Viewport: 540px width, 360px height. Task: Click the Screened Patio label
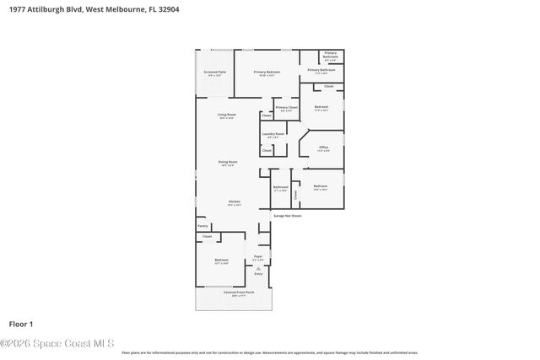[x=215, y=73]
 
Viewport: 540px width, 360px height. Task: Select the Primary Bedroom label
[x=267, y=73]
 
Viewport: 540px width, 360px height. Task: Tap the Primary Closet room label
[x=286, y=108]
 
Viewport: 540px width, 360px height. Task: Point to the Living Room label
[x=226, y=115]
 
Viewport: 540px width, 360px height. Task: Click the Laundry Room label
[x=275, y=133]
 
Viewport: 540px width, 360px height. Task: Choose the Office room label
[x=322, y=148]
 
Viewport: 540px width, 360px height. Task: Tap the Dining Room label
[x=227, y=162]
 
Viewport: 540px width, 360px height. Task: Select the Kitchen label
[x=234, y=201]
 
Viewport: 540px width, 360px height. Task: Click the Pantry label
[x=202, y=226]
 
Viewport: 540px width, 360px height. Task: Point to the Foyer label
[x=258, y=255]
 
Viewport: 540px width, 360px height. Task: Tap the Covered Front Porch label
[x=234, y=293]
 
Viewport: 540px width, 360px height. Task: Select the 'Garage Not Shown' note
[x=287, y=216]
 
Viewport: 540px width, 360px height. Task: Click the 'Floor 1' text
[x=20, y=324]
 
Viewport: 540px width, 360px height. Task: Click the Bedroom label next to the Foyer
[x=221, y=260]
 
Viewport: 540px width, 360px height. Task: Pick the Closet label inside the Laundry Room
[x=266, y=151]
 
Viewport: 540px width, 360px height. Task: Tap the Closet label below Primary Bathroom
[x=329, y=87]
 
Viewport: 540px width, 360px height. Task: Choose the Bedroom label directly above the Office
[x=321, y=107]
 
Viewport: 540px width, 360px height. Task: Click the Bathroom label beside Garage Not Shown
[x=280, y=187]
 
